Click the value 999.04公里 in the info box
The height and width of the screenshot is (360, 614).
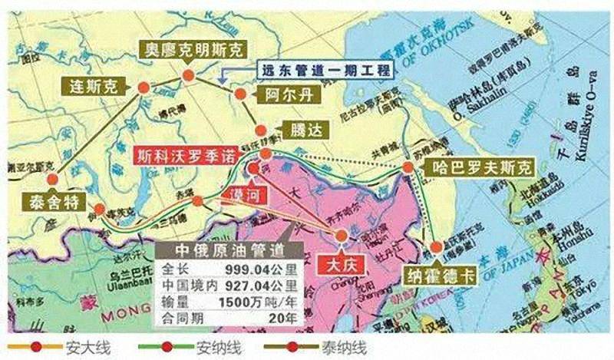click(x=255, y=269)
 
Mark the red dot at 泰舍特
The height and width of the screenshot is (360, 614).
click(x=52, y=180)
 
